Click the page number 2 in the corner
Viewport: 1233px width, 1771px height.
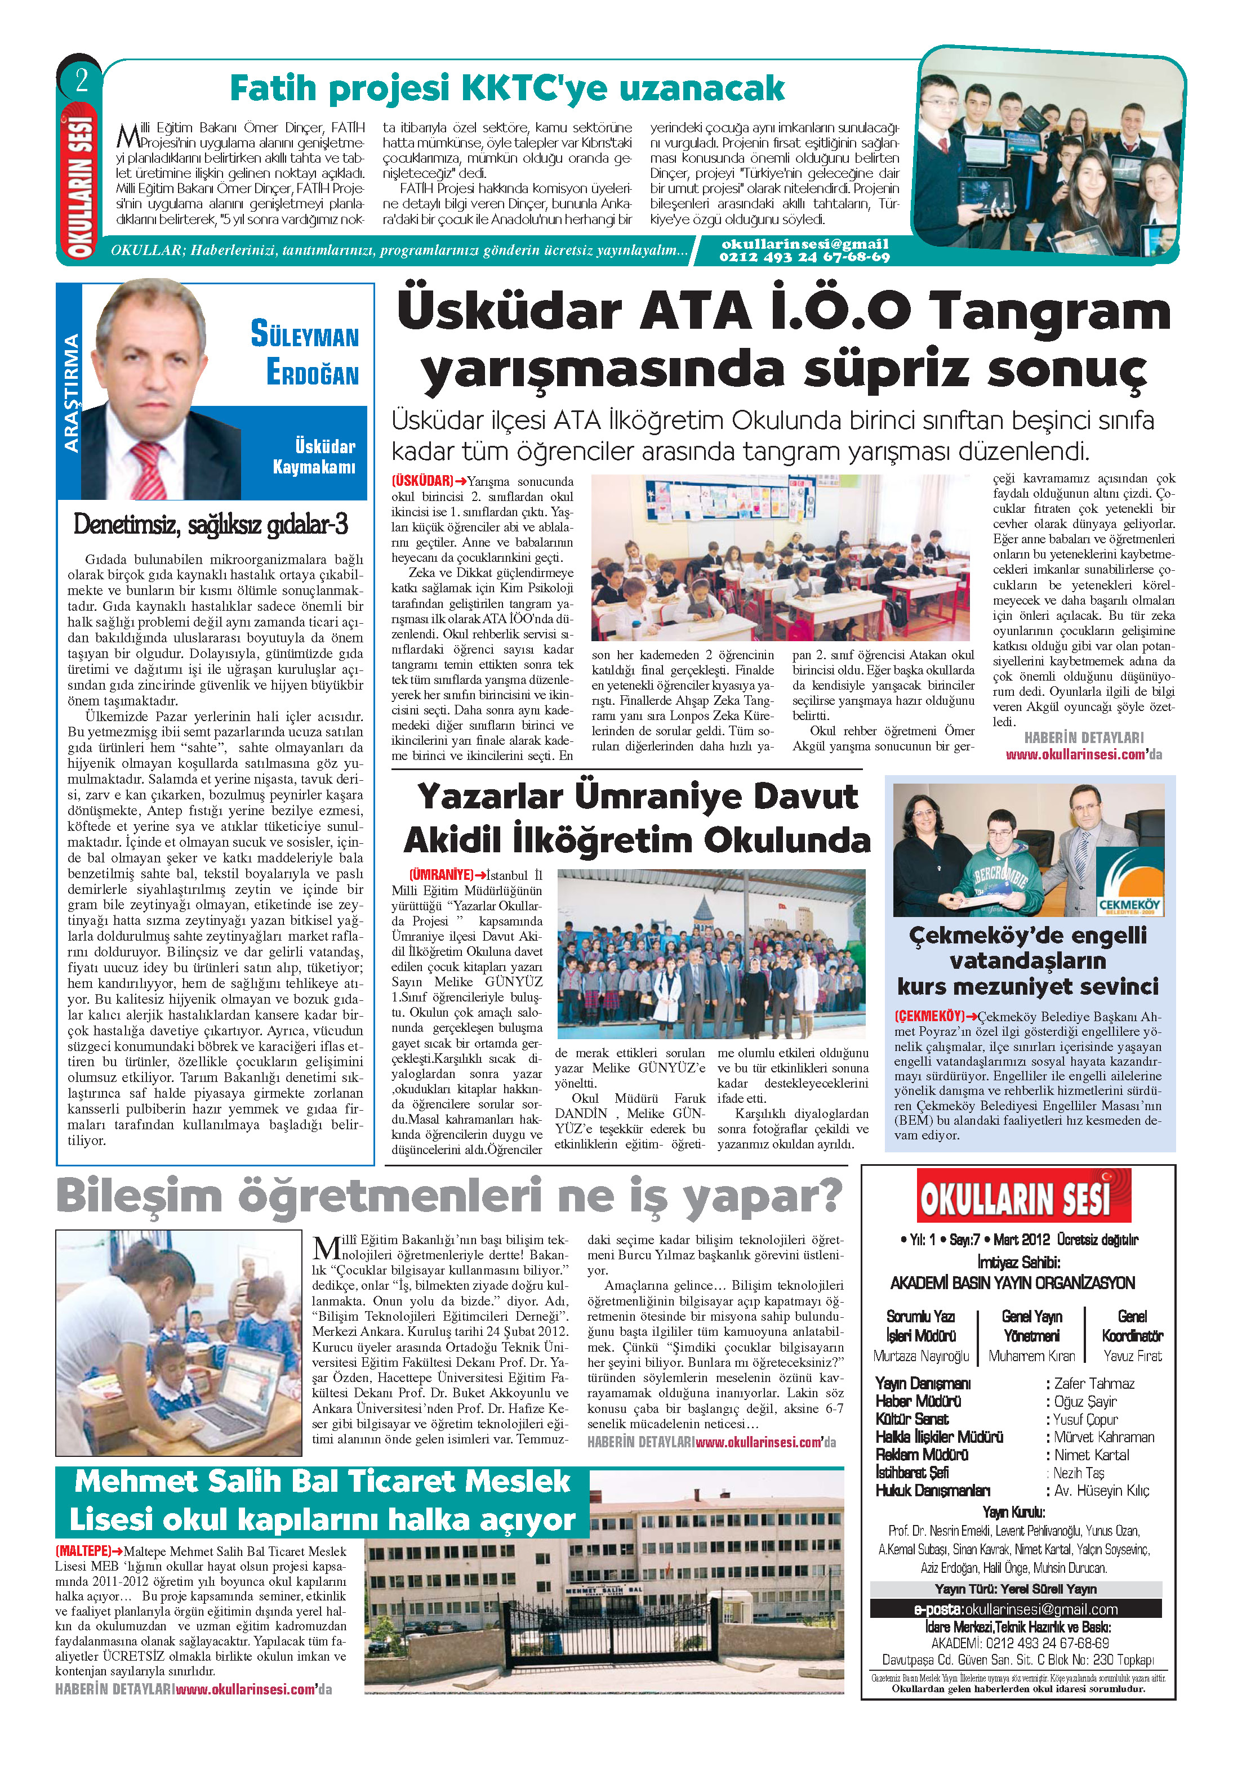point(80,81)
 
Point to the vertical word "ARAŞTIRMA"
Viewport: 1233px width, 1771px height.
point(71,393)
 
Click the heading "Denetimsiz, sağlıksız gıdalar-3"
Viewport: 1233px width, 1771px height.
point(210,525)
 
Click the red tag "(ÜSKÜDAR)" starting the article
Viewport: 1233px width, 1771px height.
point(422,481)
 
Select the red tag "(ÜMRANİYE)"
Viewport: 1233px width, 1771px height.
point(440,875)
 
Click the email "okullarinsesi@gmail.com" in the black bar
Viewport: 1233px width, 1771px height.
point(1041,1609)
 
